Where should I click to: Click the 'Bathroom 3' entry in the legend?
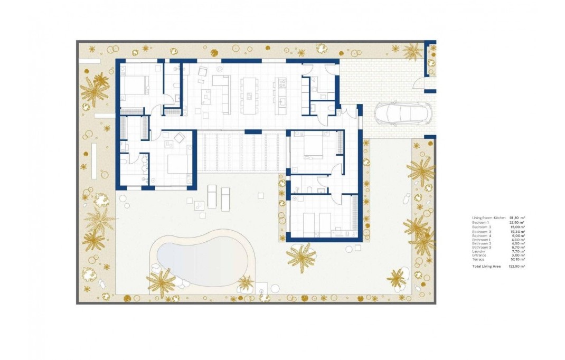[481, 248]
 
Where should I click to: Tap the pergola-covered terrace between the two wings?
[241, 152]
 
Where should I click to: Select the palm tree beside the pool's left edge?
[161, 281]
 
